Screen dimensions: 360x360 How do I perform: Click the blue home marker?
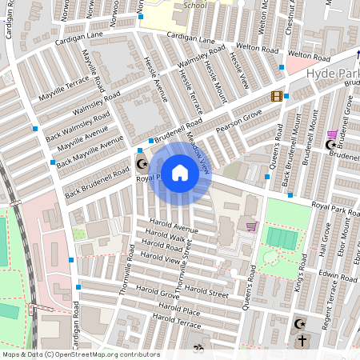180,172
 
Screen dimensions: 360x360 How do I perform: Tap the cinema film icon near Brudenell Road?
276,97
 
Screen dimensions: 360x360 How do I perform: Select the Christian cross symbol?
302,340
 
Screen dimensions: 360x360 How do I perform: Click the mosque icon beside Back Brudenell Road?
142,165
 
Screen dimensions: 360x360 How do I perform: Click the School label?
194,4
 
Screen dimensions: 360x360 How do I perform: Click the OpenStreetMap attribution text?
80,354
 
